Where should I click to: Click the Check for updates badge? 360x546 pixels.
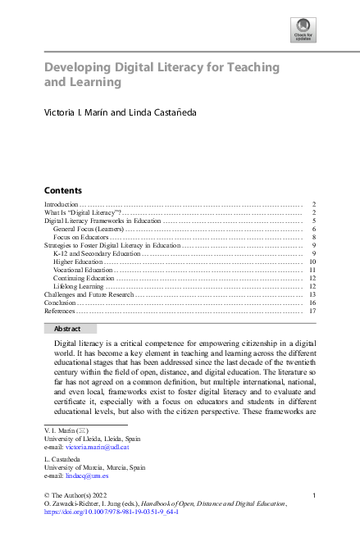coord(303,31)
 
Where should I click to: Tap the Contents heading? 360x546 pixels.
coord(62,189)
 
